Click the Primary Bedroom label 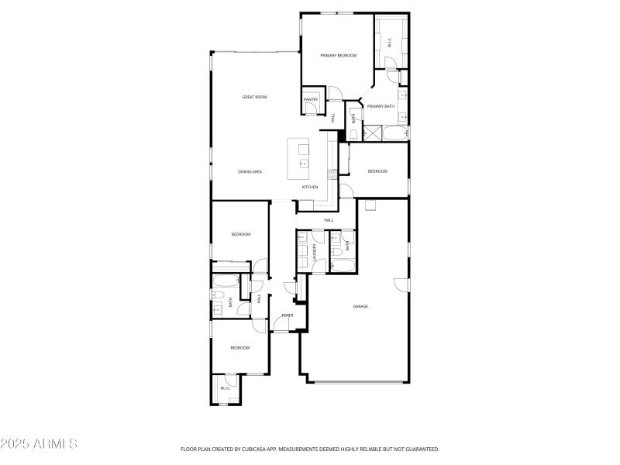338,56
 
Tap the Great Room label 254,97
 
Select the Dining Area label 250,171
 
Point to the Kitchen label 310,187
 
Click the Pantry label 311,99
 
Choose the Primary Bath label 381,106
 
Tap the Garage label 360,307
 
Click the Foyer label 288,315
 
